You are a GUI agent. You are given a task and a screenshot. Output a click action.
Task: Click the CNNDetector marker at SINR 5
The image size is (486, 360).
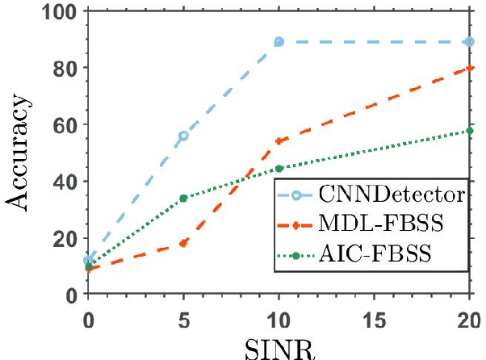pyautogui.click(x=183, y=136)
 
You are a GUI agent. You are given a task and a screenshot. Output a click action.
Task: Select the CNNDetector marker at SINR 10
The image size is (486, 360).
pyautogui.click(x=279, y=41)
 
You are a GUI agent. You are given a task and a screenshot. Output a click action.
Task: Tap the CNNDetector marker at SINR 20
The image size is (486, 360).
pyautogui.click(x=469, y=41)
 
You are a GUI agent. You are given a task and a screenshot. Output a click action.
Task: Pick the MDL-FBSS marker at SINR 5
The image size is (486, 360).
pyautogui.click(x=183, y=243)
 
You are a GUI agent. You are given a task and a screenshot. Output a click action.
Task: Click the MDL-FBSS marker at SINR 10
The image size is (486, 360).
pyautogui.click(x=279, y=141)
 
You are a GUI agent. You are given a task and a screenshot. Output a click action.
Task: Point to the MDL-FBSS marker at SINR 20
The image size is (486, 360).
pyautogui.click(x=469, y=68)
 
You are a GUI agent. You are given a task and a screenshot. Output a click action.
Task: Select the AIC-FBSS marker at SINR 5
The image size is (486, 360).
pyautogui.click(x=183, y=198)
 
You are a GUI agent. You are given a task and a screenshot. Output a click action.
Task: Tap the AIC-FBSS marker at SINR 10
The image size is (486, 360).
pyautogui.click(x=279, y=168)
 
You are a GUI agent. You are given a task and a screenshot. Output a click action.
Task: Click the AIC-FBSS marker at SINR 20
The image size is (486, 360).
pyautogui.click(x=469, y=131)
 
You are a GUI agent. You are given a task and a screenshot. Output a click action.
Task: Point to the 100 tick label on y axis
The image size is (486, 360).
pyautogui.click(x=60, y=13)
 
